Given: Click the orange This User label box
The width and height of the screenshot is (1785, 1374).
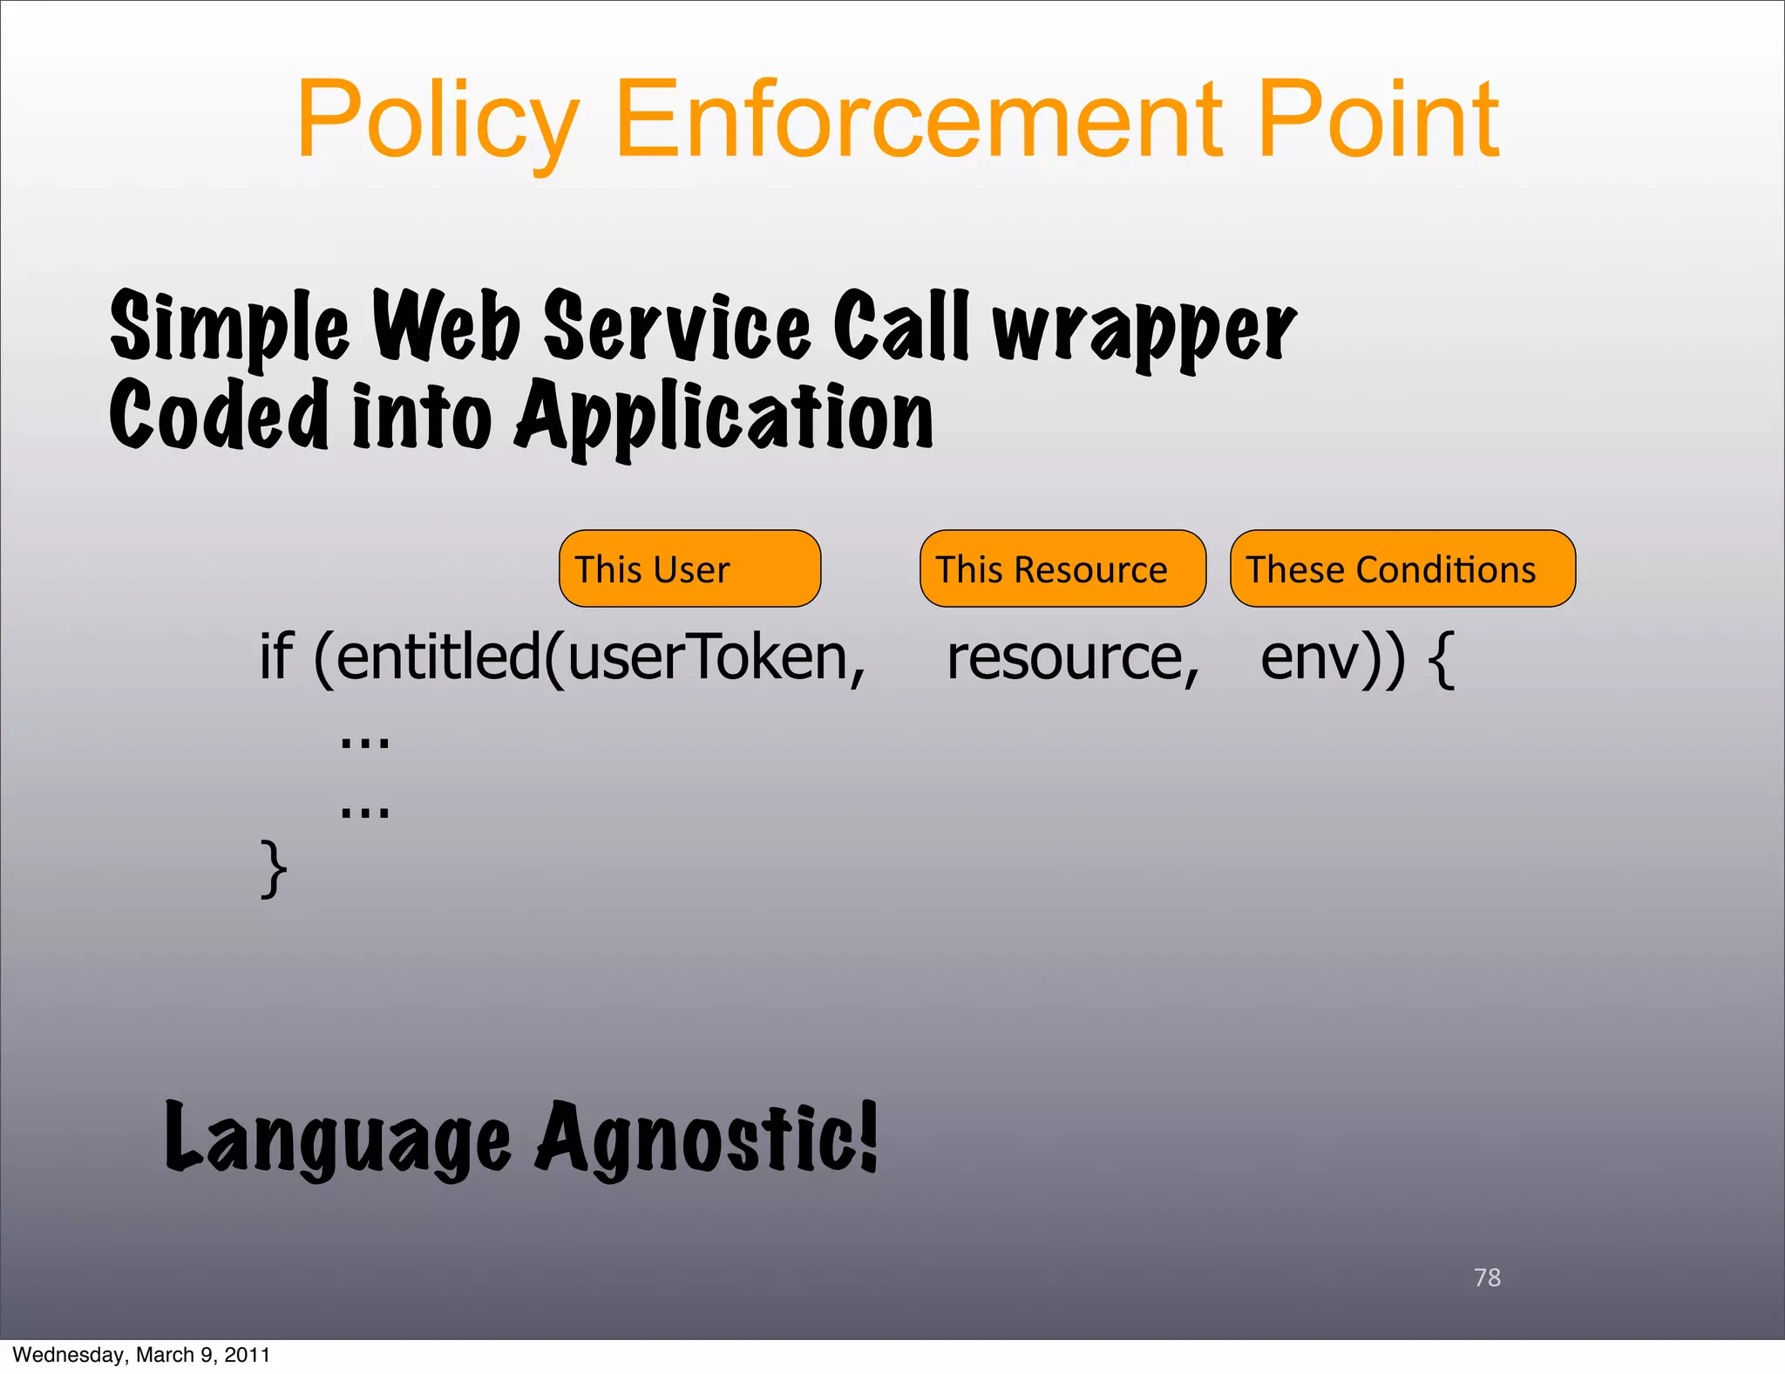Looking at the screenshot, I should pos(689,568).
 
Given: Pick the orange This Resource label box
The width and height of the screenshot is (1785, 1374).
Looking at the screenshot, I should pos(1062,568).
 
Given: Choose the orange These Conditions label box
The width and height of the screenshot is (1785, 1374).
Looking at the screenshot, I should pos(1402,568).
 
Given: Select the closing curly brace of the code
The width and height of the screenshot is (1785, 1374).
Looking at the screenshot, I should pos(273,868).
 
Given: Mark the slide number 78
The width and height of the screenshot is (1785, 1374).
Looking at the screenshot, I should pos(1487,1277).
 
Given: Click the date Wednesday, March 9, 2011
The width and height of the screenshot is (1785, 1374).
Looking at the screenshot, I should pos(141,1355).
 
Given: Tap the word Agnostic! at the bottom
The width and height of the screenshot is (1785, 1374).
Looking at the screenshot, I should pos(706,1138).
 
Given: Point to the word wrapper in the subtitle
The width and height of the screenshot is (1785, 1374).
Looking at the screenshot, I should pos(1144,330).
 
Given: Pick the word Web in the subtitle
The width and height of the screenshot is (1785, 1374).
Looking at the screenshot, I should pos(446,324).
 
